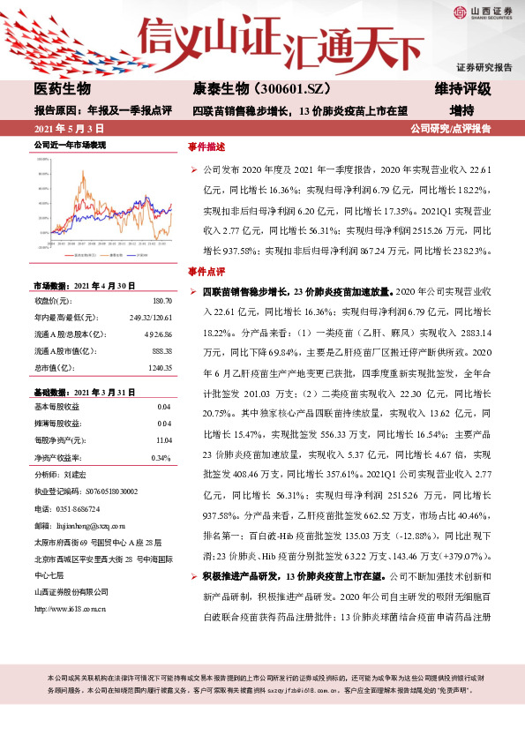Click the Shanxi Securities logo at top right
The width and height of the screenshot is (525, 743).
[x=484, y=12]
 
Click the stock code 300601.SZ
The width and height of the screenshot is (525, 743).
[x=282, y=90]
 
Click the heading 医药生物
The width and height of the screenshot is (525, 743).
[x=63, y=90]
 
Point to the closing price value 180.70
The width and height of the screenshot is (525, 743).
[x=161, y=301]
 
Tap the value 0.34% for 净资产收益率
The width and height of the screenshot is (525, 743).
[x=161, y=457]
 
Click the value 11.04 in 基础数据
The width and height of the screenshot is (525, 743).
[x=162, y=439]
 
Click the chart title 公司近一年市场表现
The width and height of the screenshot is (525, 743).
[x=70, y=143]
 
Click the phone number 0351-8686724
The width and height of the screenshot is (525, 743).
[x=79, y=509]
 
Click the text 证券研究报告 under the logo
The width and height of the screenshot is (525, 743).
[x=484, y=67]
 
